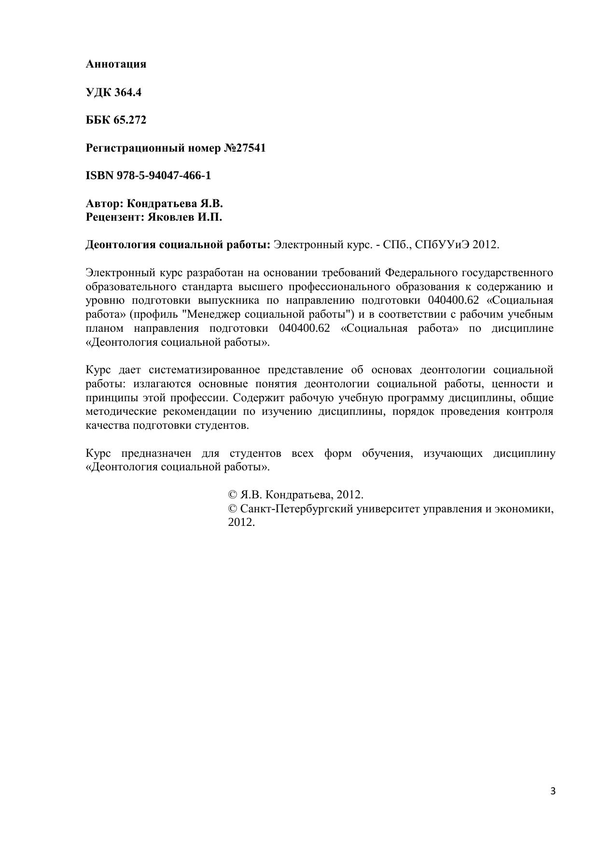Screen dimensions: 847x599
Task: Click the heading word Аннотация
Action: coord(116,64)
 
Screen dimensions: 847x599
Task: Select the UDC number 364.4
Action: coord(128,92)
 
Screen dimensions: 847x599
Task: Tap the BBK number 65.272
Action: coord(130,120)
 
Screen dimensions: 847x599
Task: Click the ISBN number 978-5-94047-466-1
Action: coord(164,175)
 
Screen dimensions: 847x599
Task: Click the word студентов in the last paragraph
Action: coord(255,454)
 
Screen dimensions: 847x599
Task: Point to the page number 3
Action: coord(553,791)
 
